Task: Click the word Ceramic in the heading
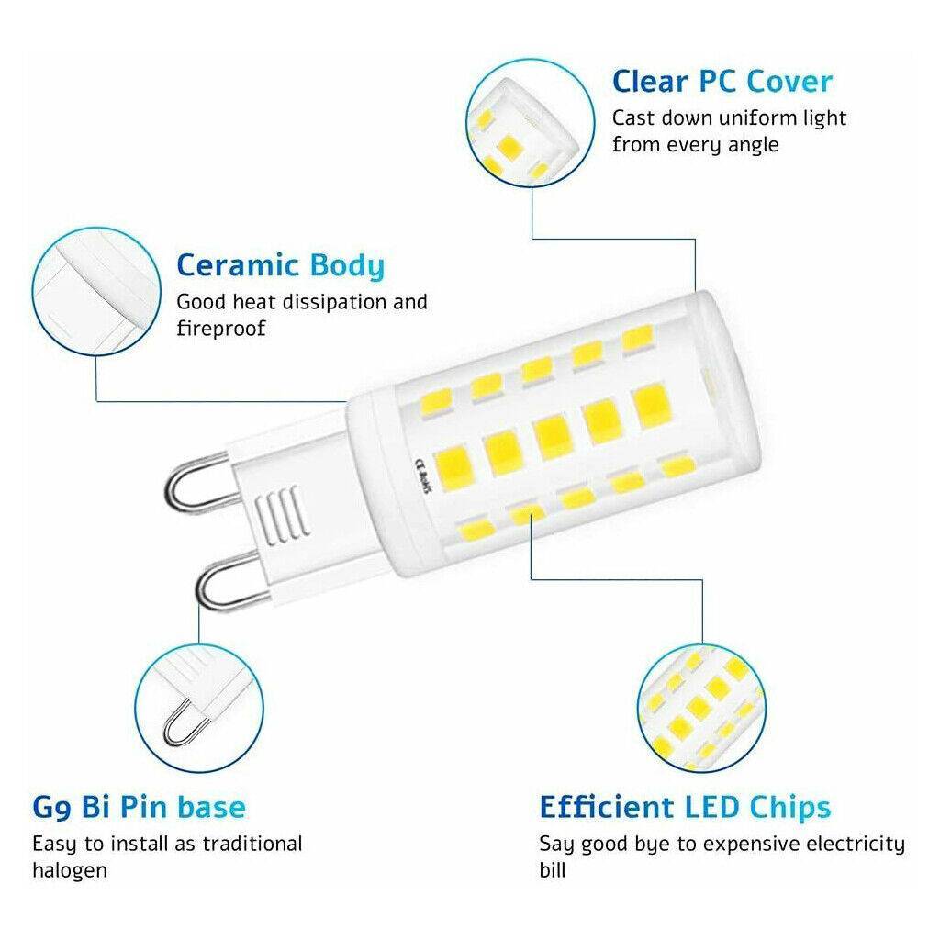click(238, 265)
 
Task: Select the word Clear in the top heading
click(651, 82)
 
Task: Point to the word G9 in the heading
click(52, 808)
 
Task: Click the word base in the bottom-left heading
click(212, 807)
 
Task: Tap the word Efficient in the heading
click(607, 807)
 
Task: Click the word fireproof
click(221, 329)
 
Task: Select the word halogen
click(70, 871)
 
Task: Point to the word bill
click(552, 870)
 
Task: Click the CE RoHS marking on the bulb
click(423, 476)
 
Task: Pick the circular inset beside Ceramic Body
click(96, 291)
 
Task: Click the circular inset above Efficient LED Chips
click(701, 709)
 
